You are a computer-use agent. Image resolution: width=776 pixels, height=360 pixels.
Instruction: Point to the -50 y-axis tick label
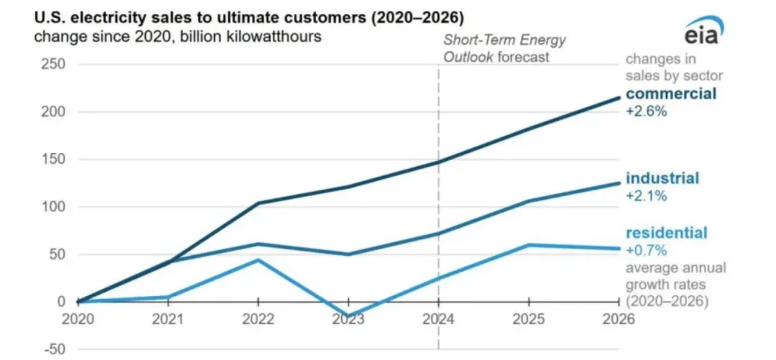click(x=52, y=349)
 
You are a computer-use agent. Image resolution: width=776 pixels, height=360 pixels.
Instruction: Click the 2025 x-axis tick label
click(x=529, y=319)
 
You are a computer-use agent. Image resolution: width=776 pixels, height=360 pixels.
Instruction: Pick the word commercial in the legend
click(x=671, y=94)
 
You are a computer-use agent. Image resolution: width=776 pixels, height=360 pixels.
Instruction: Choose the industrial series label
click(x=662, y=178)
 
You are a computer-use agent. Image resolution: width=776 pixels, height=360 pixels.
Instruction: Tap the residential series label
click(x=666, y=233)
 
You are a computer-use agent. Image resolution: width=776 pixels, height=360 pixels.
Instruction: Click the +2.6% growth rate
click(x=647, y=111)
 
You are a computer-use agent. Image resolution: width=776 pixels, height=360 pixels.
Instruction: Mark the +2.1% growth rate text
click(x=646, y=195)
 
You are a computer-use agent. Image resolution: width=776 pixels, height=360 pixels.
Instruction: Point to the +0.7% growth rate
click(x=646, y=250)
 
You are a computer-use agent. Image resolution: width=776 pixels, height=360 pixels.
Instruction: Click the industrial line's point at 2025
click(x=529, y=201)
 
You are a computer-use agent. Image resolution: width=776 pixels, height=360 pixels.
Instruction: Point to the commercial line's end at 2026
click(x=619, y=98)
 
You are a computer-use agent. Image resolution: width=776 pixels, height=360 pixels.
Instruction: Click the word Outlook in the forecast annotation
click(x=468, y=56)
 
